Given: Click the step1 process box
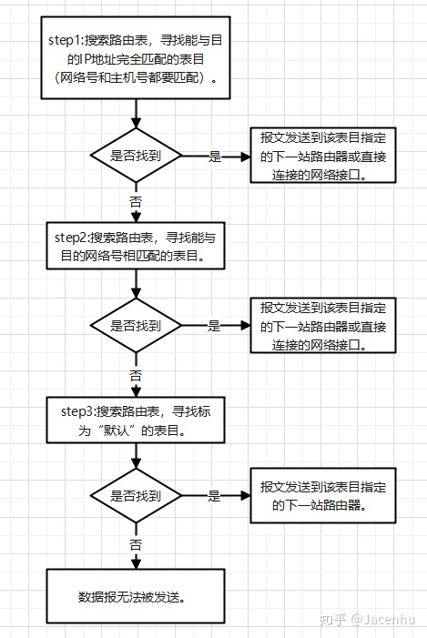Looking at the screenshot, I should pos(136,59).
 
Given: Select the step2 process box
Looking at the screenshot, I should pos(136,246).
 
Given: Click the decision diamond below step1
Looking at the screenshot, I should pos(136,156).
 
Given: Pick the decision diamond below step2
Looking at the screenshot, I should pos(136,325).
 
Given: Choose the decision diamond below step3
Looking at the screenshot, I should pos(136,496).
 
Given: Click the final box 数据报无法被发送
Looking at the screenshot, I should pos(136,597).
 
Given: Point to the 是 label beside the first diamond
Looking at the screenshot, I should pos(215,156).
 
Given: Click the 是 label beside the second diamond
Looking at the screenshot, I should pos(215,325).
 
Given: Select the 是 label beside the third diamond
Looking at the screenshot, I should pos(215,496).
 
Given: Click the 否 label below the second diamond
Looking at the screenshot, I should pos(136,373).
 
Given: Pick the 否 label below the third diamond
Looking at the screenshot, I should pos(136,544).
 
